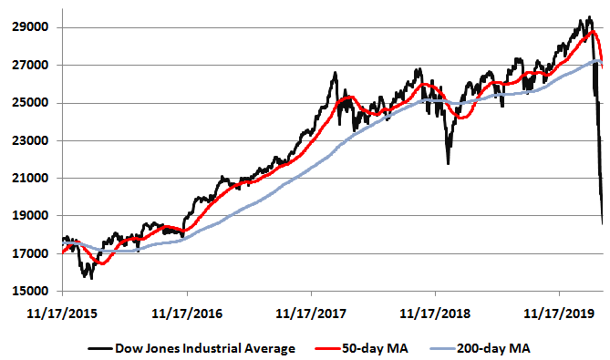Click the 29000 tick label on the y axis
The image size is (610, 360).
point(31,27)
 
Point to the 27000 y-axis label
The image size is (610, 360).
point(31,66)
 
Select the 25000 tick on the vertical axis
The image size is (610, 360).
point(31,103)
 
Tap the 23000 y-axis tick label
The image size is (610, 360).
point(31,141)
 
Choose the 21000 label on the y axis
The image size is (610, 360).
point(31,179)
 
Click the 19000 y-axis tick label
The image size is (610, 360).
point(31,216)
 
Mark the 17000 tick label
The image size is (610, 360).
point(31,254)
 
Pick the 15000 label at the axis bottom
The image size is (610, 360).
point(31,292)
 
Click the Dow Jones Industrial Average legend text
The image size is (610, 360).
point(205,347)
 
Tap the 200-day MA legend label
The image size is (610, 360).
point(492,347)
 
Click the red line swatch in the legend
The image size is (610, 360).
point(326,347)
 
